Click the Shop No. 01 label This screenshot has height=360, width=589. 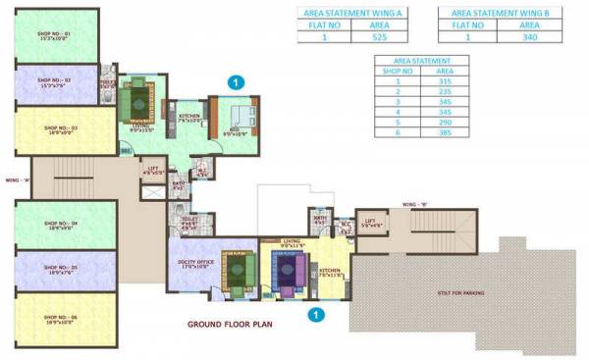click(x=54, y=36)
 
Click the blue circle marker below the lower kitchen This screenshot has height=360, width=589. click(x=315, y=315)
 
